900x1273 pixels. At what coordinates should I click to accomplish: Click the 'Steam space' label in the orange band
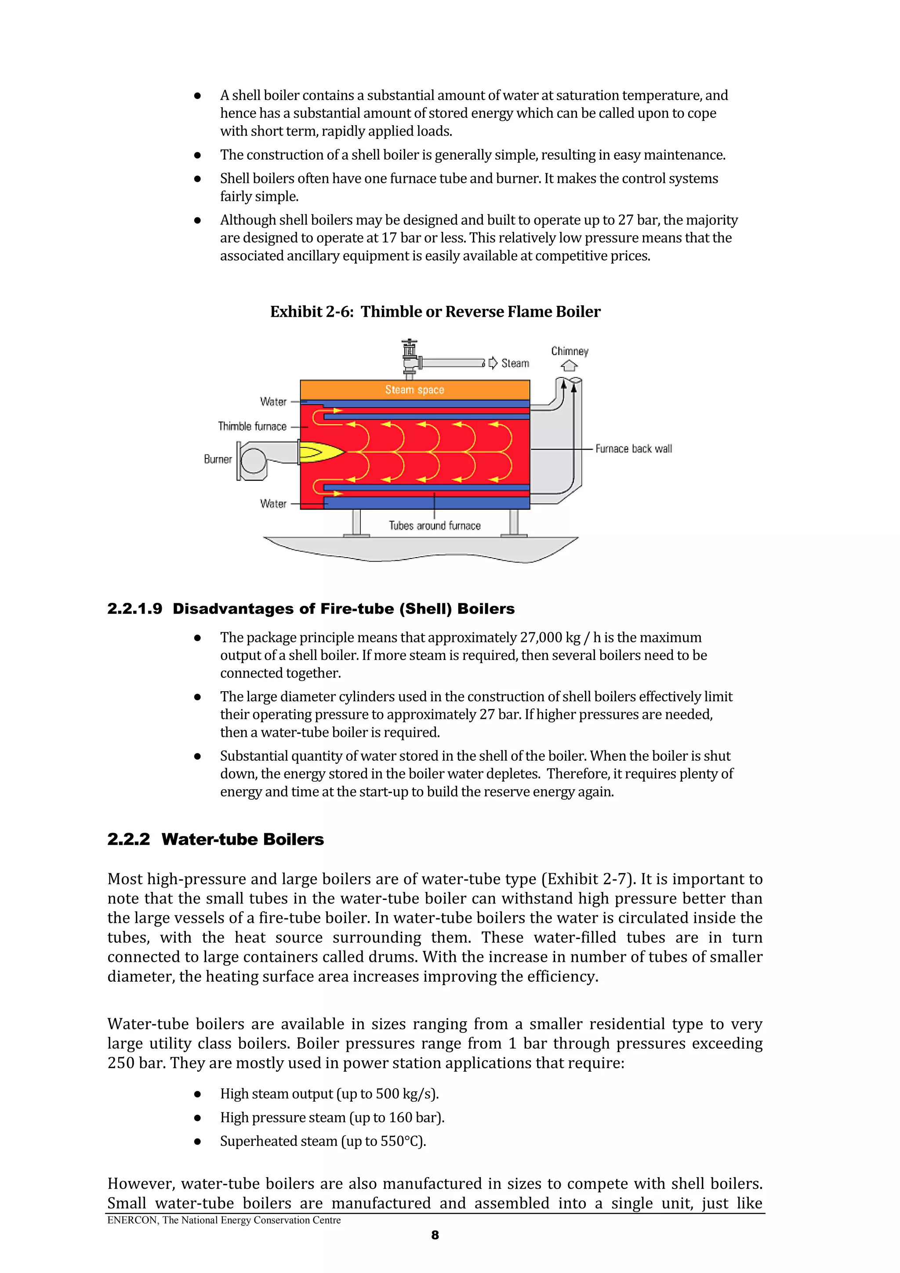(x=414, y=390)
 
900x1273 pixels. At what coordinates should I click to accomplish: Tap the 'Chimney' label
(x=570, y=352)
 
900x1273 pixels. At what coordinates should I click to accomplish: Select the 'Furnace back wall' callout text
(x=633, y=449)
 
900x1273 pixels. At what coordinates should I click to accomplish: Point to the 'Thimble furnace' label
(x=252, y=426)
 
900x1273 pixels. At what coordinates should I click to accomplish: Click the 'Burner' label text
(x=218, y=459)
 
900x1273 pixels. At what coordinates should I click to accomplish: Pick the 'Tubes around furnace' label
(x=435, y=526)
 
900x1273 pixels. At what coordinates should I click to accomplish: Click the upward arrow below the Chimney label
(x=569, y=366)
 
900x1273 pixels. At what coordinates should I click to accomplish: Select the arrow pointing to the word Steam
(x=493, y=363)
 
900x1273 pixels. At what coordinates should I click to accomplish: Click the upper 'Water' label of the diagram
(x=273, y=402)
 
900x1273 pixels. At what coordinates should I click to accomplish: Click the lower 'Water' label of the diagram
(x=273, y=504)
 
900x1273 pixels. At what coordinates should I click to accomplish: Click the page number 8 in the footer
(x=435, y=1235)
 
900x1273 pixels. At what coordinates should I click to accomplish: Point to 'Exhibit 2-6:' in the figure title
(x=312, y=312)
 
